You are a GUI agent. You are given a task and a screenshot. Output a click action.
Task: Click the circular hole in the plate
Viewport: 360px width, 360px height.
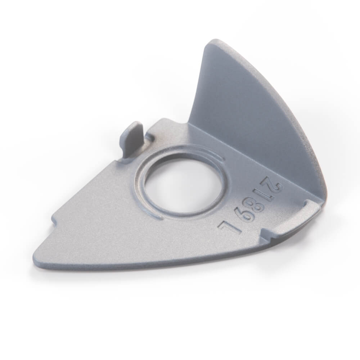click(181, 183)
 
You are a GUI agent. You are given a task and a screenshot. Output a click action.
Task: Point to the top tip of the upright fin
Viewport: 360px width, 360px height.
click(210, 40)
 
